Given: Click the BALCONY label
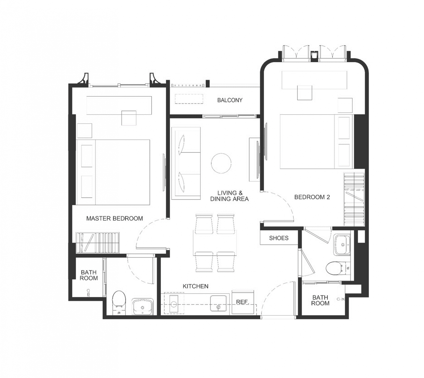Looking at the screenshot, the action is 230,100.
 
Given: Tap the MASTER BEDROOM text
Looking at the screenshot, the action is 115,219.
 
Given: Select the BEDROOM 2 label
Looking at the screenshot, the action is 312,197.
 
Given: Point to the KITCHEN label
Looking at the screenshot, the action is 195,286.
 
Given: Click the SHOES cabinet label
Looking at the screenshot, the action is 279,238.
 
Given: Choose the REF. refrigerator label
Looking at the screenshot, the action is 242,302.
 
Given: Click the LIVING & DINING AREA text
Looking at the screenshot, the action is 229,196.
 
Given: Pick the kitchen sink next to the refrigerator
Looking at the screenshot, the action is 219,303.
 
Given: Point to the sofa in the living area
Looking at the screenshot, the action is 186,163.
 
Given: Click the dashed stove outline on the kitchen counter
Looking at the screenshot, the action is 174,303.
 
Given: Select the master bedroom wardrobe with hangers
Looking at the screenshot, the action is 97,243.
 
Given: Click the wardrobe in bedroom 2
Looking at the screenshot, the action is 354,199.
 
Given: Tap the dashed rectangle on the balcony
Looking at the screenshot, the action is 189,99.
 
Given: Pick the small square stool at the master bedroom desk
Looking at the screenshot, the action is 129,118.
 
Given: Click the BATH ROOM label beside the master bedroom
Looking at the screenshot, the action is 89,275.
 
